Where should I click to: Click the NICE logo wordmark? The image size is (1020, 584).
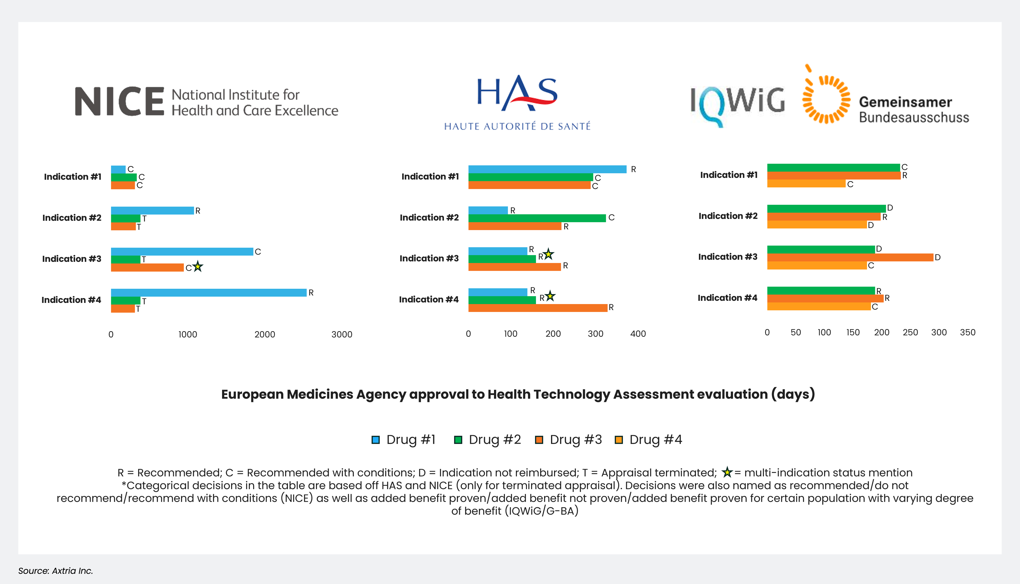[119, 101]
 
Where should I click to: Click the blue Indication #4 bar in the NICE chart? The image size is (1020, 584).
[209, 293]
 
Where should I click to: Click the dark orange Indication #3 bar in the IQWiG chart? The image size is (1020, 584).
[850, 257]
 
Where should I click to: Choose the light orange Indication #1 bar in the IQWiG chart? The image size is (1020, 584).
[806, 184]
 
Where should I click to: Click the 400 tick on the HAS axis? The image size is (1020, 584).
[638, 334]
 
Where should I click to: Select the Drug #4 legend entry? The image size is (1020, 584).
[648, 440]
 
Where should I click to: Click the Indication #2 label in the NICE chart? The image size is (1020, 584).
[72, 218]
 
